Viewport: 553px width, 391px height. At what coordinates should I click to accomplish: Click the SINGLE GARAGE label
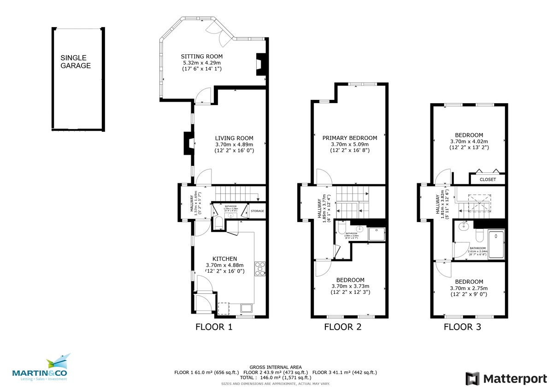click(x=76, y=62)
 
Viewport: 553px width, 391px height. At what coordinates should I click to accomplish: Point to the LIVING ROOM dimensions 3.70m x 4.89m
click(x=234, y=144)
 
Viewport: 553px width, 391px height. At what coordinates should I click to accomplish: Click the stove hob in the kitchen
click(x=260, y=268)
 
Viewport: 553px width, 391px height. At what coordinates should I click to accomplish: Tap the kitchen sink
click(x=245, y=308)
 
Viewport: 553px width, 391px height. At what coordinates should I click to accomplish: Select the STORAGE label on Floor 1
click(x=257, y=211)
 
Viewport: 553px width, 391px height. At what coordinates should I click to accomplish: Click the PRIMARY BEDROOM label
click(x=349, y=138)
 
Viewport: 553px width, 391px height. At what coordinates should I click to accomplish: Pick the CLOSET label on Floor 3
click(x=488, y=179)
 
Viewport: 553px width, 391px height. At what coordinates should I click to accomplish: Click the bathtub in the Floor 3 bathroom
click(x=496, y=244)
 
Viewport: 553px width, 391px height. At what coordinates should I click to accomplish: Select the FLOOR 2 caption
click(x=342, y=327)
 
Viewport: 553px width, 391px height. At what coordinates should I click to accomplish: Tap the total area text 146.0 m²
click(x=276, y=377)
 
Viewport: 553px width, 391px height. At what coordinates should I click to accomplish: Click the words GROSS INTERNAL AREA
click(x=276, y=367)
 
